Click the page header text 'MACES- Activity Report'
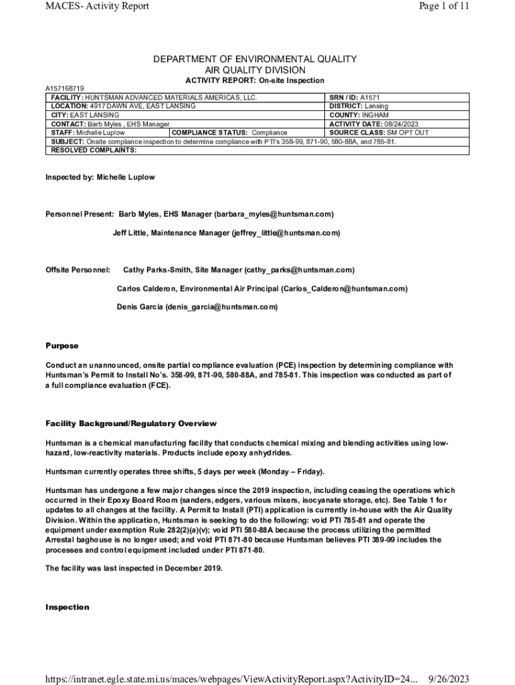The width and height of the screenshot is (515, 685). click(x=97, y=7)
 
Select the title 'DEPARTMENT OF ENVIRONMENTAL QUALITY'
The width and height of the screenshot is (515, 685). click(x=255, y=60)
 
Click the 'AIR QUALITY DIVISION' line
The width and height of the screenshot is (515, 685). click(x=255, y=70)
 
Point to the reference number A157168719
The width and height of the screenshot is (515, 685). click(x=65, y=88)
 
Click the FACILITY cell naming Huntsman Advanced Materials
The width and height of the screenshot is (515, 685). click(x=154, y=98)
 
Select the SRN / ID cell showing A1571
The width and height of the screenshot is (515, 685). click(x=354, y=98)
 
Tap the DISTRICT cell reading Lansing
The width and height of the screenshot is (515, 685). click(x=358, y=106)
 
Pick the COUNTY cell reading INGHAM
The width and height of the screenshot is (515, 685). click(x=358, y=115)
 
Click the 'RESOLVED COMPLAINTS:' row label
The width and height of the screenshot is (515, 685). click(x=94, y=151)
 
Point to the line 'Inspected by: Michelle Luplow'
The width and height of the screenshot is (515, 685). click(x=100, y=177)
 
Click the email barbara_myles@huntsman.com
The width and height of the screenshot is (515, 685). click(x=274, y=214)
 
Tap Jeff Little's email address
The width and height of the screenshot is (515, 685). click(x=286, y=233)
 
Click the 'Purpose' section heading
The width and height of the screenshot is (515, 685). click(x=62, y=346)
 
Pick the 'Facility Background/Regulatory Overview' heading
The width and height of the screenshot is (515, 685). click(x=130, y=423)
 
